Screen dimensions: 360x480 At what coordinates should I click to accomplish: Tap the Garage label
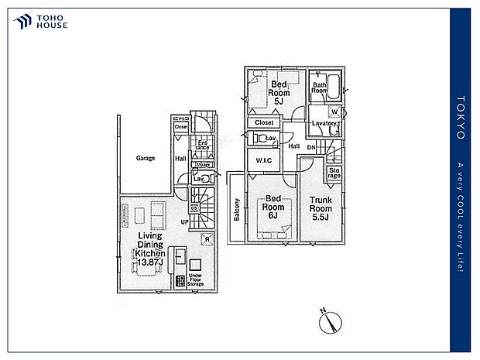[x=146, y=158]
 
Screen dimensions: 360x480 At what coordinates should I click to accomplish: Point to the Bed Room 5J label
[x=279, y=91]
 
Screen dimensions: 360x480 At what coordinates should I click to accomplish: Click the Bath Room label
[x=319, y=88]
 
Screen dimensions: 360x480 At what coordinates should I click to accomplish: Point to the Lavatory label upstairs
[x=324, y=124]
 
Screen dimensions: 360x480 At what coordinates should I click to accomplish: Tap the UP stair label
[x=184, y=223]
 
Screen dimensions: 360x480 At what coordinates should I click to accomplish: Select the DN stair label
[x=311, y=147]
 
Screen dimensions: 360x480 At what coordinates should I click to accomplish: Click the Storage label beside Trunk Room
[x=334, y=172]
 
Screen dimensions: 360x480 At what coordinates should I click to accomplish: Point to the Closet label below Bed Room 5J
[x=263, y=122]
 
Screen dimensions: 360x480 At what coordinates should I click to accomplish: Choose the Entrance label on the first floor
[x=201, y=146]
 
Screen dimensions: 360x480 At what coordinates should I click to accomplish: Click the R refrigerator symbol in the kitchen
[x=206, y=239]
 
